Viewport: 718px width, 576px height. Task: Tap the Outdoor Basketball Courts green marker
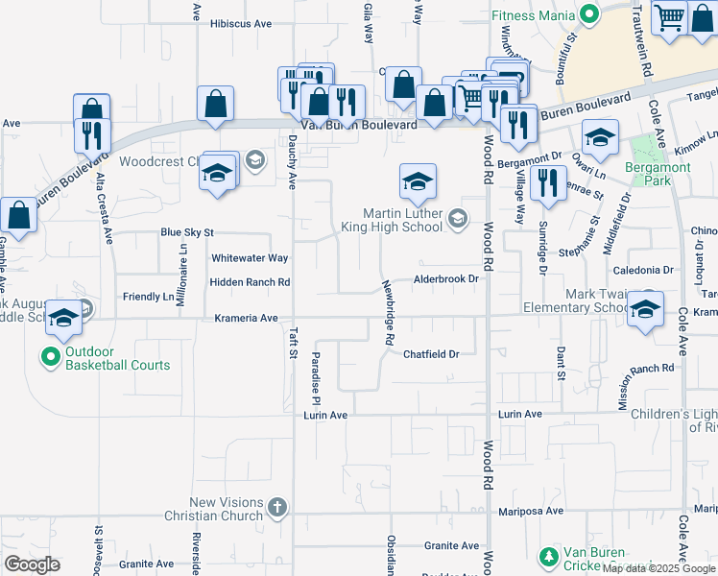(x=52, y=358)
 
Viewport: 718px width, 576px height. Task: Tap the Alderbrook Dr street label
(x=445, y=278)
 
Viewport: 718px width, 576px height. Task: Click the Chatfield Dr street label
(x=431, y=354)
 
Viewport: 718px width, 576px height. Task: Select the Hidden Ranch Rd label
(x=250, y=282)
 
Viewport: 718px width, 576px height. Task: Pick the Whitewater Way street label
(x=250, y=258)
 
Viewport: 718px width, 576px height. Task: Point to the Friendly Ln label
(x=149, y=297)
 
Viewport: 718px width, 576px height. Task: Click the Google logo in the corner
(x=32, y=564)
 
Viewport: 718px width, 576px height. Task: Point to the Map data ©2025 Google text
(x=658, y=568)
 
